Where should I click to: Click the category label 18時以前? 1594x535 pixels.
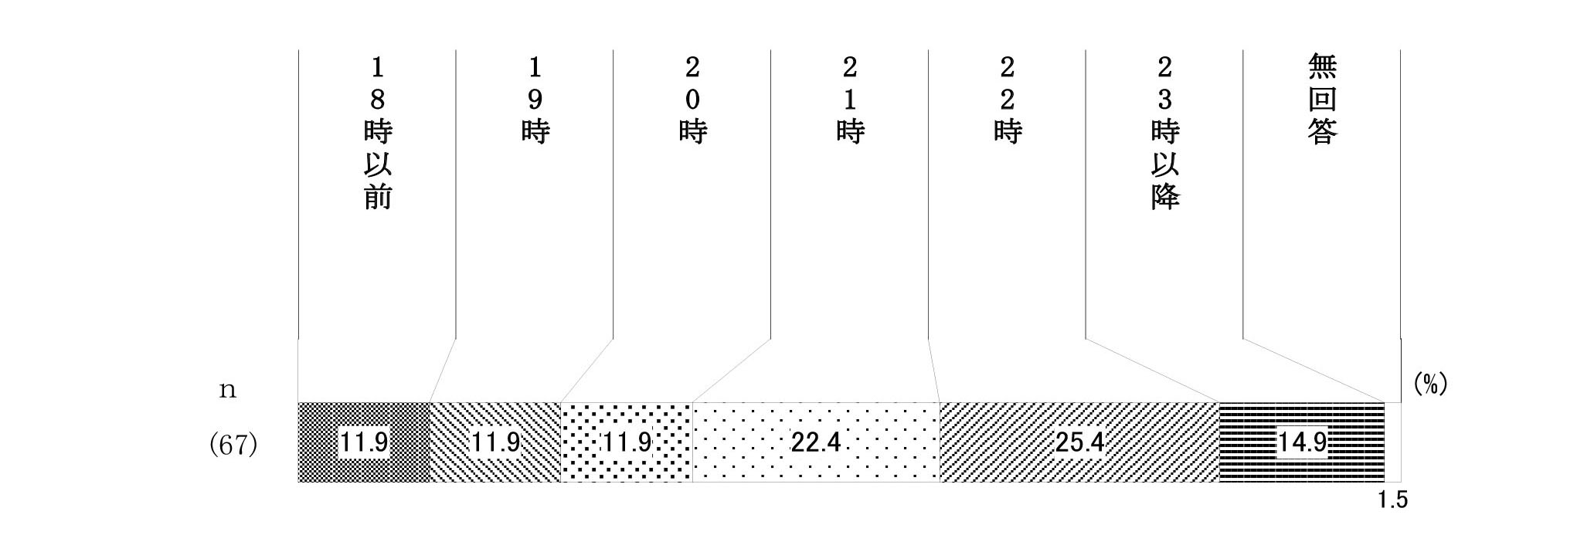tap(378, 133)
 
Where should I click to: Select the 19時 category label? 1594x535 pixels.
tap(535, 100)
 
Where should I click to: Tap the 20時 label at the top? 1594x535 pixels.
tap(693, 100)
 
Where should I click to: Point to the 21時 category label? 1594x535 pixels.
tap(850, 100)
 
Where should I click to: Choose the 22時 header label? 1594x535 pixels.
tap(1008, 100)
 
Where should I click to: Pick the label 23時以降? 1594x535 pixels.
tap(1165, 133)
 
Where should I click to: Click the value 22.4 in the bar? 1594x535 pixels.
tap(815, 442)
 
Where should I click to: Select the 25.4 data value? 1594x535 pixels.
tap(1079, 442)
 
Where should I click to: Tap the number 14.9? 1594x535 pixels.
tap(1302, 442)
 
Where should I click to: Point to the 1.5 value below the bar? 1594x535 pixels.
tap(1392, 500)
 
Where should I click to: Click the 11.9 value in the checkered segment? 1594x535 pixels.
tap(364, 442)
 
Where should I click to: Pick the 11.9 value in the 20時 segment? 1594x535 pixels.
tap(627, 442)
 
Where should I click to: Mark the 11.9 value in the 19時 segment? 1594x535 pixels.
tap(495, 442)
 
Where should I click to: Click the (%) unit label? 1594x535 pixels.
tap(1430, 384)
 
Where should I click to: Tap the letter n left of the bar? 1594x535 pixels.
tap(227, 390)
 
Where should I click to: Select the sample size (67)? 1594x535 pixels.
tap(233, 445)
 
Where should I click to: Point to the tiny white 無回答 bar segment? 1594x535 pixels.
tap(1392, 442)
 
